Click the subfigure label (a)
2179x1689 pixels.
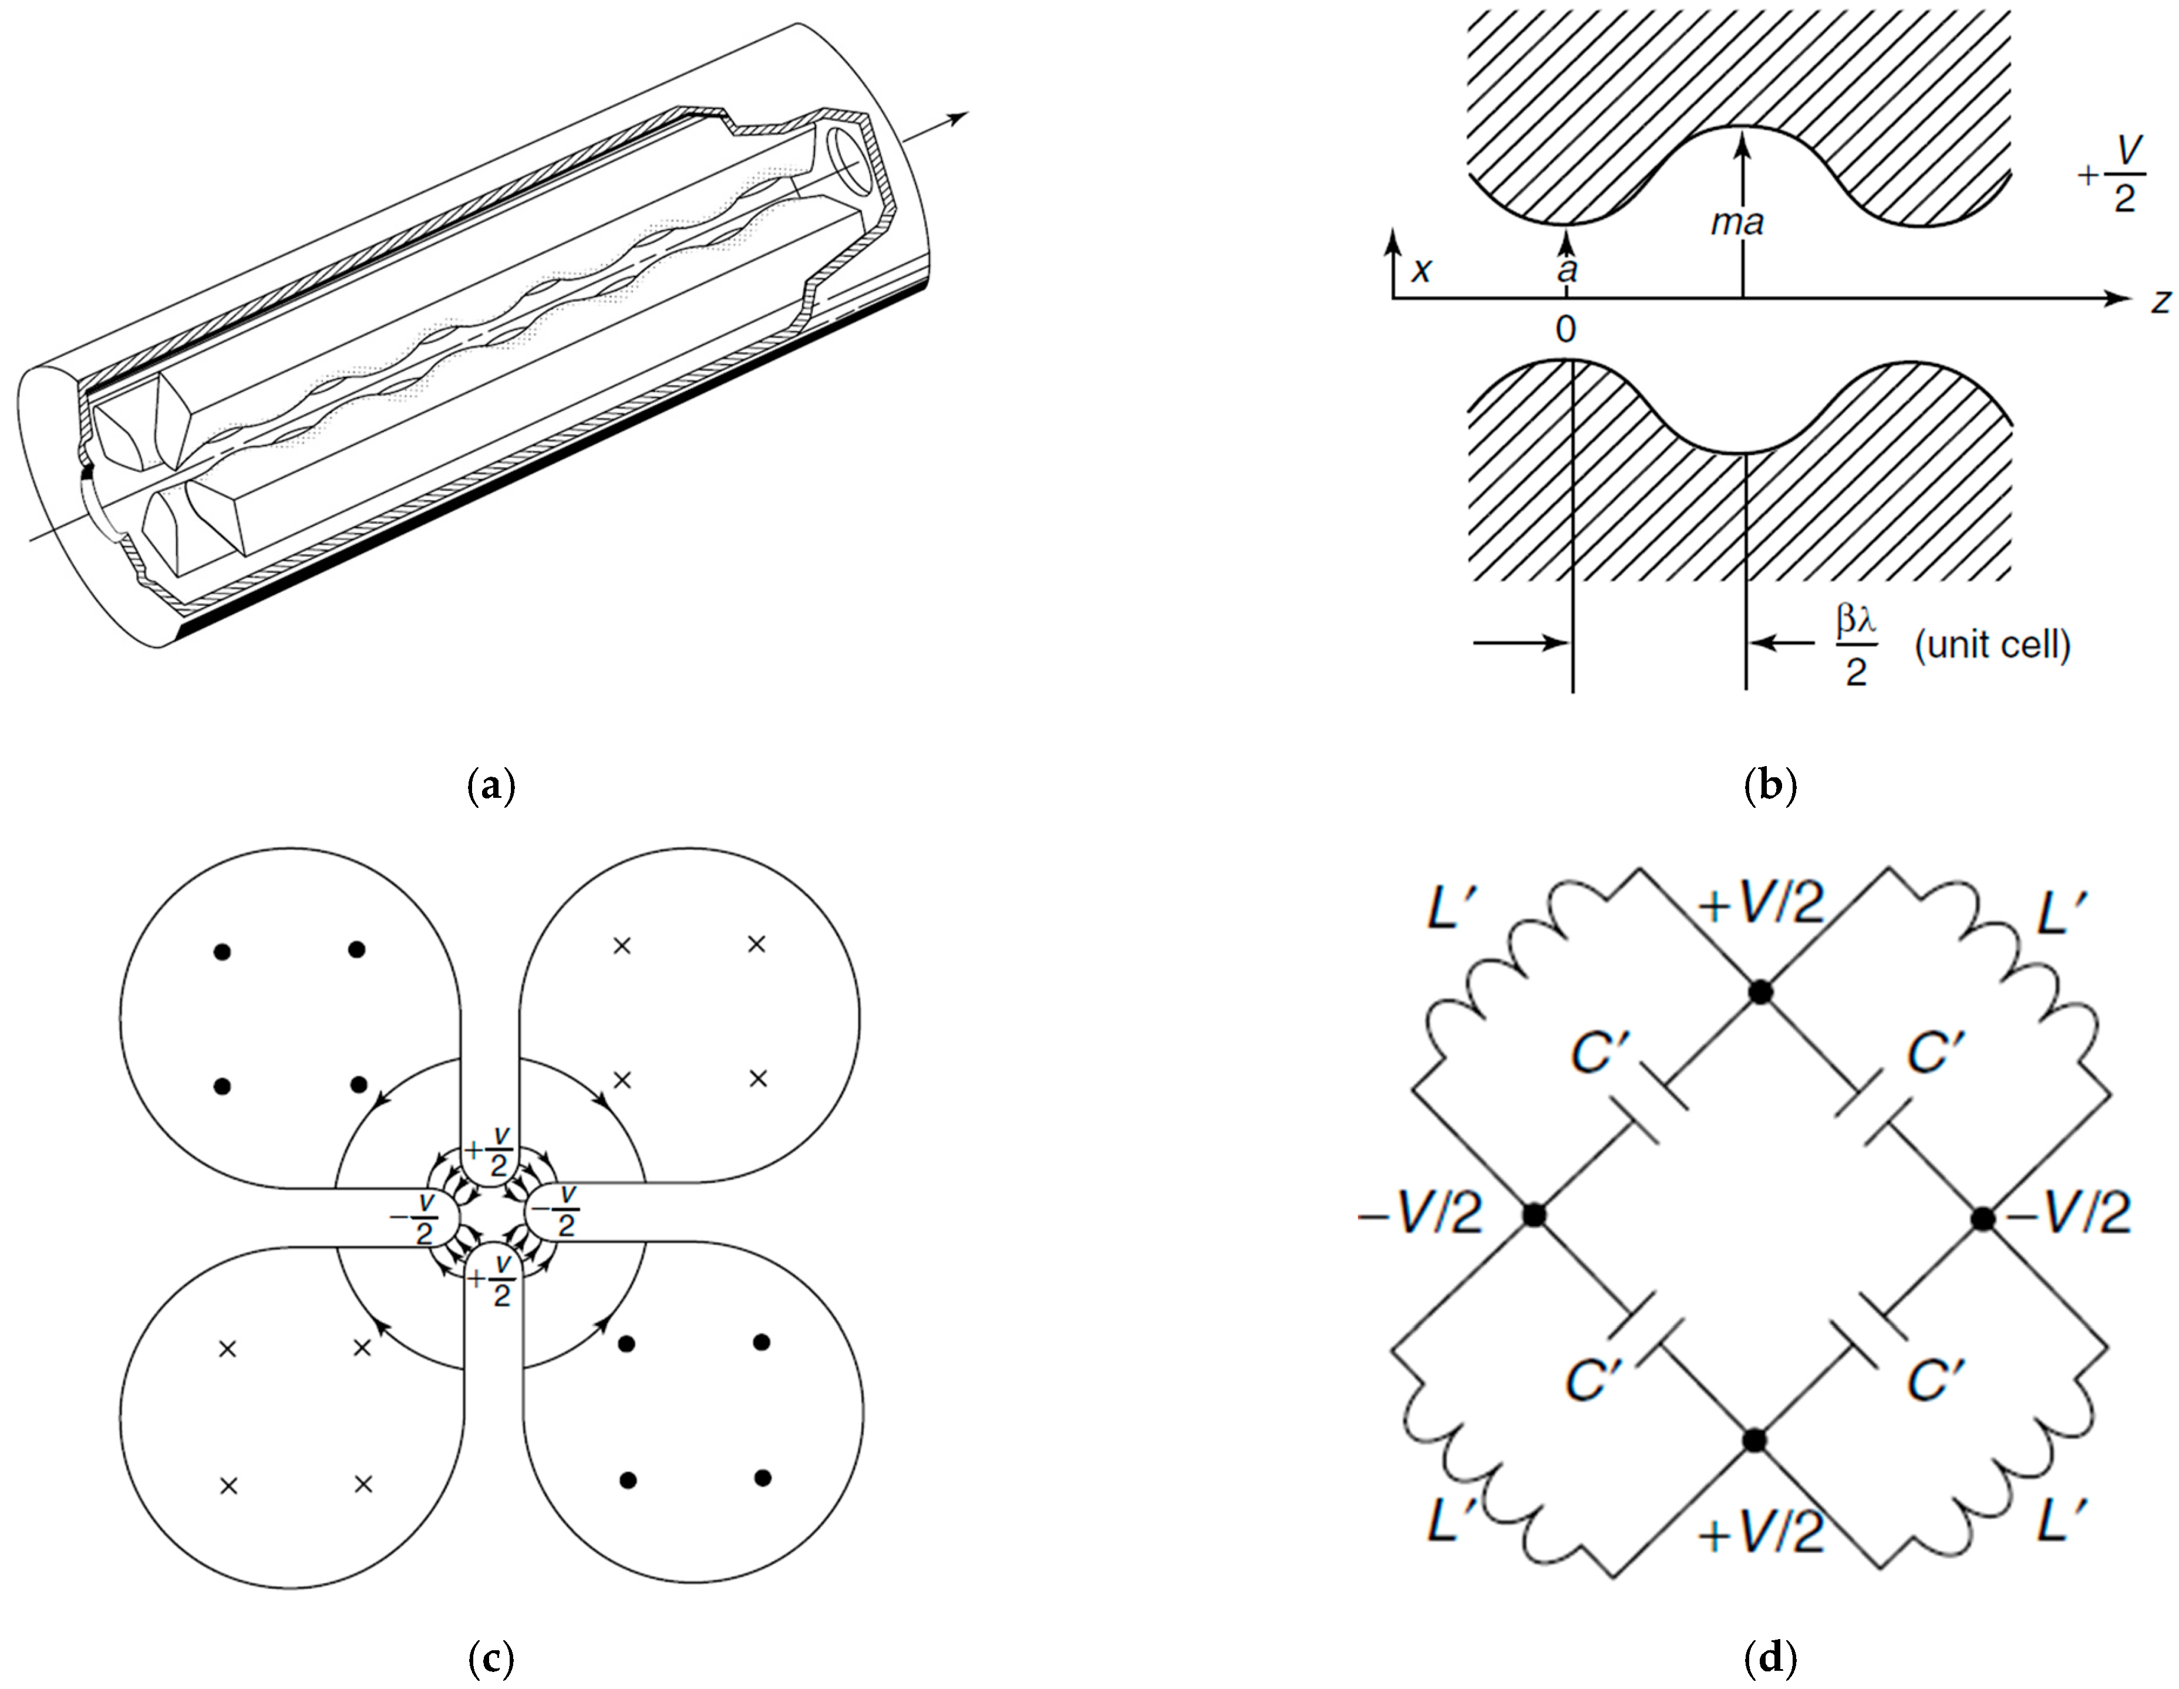click(491, 788)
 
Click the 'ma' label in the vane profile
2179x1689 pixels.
click(1737, 221)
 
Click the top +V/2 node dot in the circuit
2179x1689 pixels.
click(1761, 992)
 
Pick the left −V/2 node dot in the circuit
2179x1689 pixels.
click(1534, 1215)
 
